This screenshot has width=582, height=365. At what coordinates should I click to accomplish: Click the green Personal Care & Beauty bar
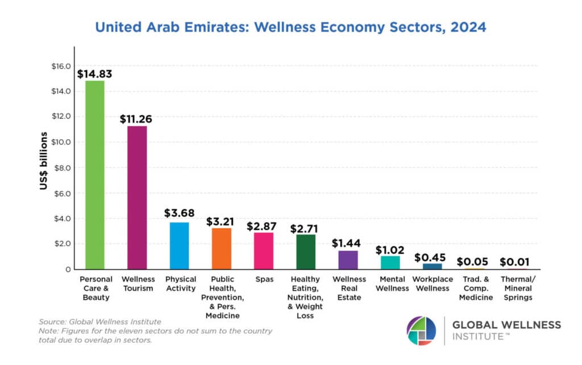(94, 175)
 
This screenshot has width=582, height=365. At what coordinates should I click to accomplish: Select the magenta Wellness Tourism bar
(136, 198)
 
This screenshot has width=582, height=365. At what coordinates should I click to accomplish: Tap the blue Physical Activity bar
(179, 245)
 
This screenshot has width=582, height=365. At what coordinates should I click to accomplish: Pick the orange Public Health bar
(221, 248)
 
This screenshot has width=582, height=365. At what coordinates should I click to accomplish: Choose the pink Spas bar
(264, 250)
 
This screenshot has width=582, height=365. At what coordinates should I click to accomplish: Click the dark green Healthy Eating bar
(306, 251)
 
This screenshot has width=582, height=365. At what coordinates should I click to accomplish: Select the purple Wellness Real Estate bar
(348, 259)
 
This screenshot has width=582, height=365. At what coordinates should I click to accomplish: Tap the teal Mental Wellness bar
(390, 262)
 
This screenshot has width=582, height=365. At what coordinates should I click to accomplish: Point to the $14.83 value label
(94, 73)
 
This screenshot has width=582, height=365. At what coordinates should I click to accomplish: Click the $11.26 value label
(136, 119)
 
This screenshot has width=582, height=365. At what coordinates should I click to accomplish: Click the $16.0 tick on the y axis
(60, 66)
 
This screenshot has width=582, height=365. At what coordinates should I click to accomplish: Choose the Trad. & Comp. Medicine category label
(475, 288)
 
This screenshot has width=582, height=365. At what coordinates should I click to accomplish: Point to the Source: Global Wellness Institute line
(101, 322)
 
